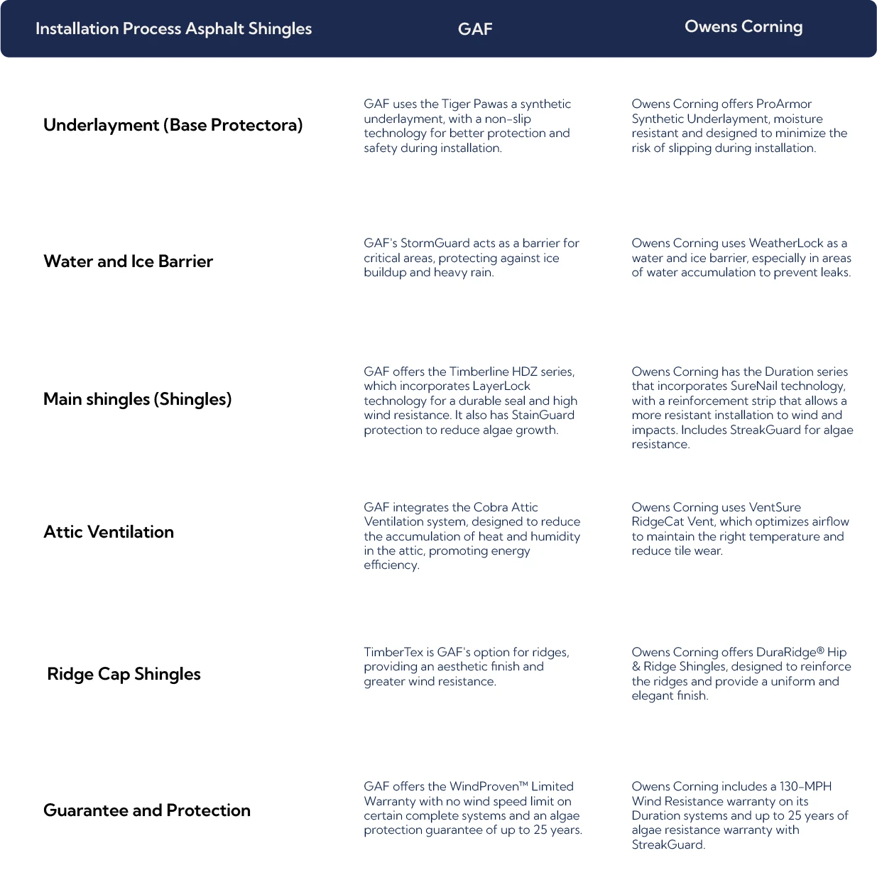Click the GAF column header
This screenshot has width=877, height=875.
[x=474, y=28]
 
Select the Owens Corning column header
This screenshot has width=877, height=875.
[x=743, y=27]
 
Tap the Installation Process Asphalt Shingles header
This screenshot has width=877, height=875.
[x=173, y=28]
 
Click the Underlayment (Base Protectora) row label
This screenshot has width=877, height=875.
[x=173, y=125]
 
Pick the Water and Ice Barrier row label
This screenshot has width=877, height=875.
[x=128, y=261]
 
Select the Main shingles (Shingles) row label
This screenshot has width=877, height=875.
[x=138, y=399]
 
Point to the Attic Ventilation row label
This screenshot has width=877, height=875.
[x=109, y=532]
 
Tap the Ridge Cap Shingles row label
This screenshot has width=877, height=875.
[x=124, y=674]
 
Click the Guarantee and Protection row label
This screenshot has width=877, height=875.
[x=146, y=810]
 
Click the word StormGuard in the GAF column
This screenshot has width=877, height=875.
[x=435, y=243]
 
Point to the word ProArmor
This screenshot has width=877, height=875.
[x=784, y=104]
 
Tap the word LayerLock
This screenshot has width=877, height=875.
[x=501, y=386]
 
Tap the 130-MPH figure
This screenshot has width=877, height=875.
[x=805, y=786]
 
